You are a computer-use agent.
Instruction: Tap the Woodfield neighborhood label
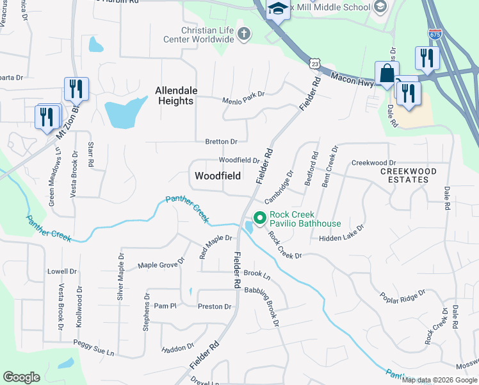click(218, 175)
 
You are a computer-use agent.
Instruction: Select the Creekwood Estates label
click(409, 175)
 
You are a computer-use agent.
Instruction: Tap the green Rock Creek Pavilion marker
click(259, 219)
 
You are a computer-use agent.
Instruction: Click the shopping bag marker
click(387, 74)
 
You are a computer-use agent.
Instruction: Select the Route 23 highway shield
click(313, 63)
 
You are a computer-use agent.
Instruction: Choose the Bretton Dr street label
click(222, 141)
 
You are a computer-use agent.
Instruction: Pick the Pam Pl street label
click(165, 306)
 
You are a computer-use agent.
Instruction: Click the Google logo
click(21, 377)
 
